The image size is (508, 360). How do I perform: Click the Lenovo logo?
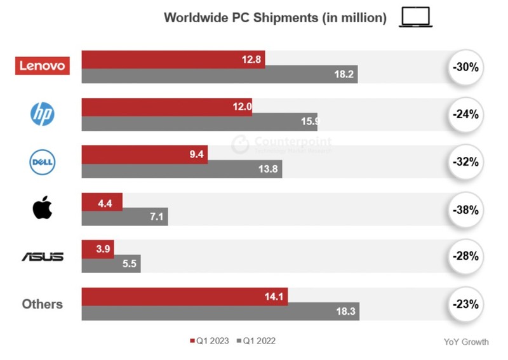[x=43, y=65]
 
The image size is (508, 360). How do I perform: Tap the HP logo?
[x=43, y=114]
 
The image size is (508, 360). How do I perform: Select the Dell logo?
[x=43, y=162]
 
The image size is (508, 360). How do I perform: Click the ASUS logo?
[x=43, y=257]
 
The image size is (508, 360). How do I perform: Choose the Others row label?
[x=43, y=304]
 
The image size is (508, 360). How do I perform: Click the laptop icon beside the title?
[x=416, y=18]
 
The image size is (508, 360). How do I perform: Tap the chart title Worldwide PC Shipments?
[x=275, y=18]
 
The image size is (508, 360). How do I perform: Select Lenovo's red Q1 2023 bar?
[x=173, y=58]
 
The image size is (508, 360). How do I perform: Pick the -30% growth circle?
[x=465, y=67]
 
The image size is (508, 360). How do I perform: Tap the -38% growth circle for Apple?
[x=465, y=209]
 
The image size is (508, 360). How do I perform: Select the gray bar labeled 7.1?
[x=124, y=218]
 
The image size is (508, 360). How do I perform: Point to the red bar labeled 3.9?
[x=97, y=249]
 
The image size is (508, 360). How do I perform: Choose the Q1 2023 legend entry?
[x=210, y=342]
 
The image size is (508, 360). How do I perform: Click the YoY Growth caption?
[x=466, y=342]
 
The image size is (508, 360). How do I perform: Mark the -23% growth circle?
[x=465, y=304]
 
